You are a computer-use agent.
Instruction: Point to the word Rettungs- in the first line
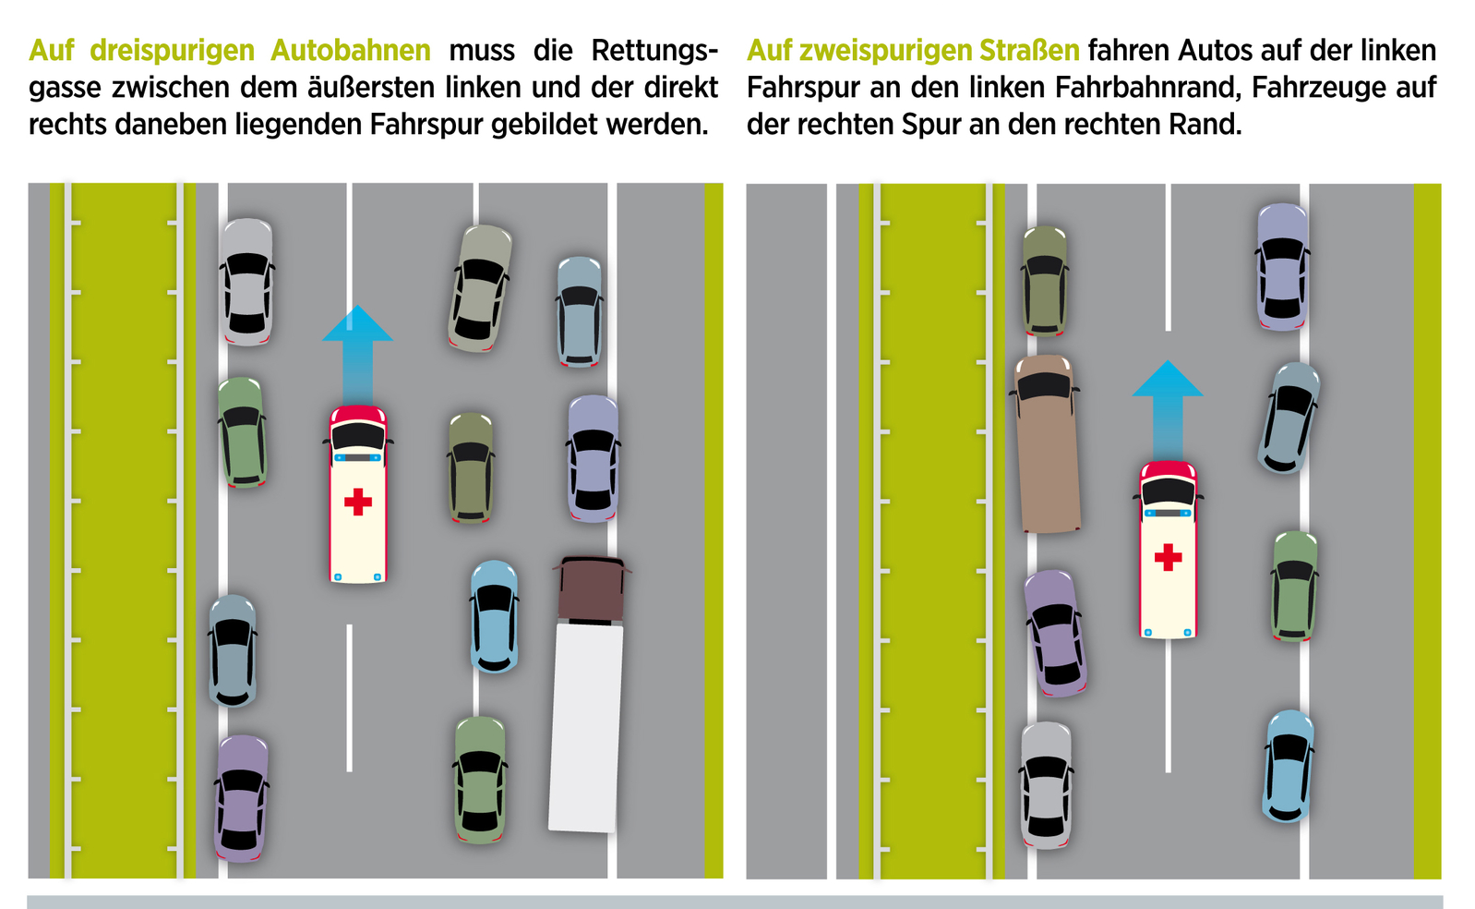pyautogui.click(x=654, y=50)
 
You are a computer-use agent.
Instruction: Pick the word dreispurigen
pyautogui.click(x=171, y=50)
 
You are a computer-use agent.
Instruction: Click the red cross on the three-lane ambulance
pyautogui.click(x=358, y=502)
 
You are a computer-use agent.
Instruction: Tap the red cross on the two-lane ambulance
pyautogui.click(x=1168, y=557)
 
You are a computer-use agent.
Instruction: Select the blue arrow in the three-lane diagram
pyautogui.click(x=358, y=351)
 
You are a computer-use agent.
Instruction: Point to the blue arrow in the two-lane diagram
pyautogui.click(x=1168, y=406)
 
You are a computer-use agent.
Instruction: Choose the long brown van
pyautogui.click(x=1047, y=444)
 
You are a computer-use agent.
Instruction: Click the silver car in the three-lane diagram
pyautogui.click(x=246, y=282)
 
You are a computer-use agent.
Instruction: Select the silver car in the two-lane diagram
pyautogui.click(x=1046, y=784)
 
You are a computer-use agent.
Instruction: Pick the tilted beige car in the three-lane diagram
pyautogui.click(x=480, y=288)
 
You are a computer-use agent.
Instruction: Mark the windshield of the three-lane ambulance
pyautogui.click(x=358, y=437)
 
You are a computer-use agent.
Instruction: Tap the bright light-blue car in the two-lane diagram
pyautogui.click(x=1288, y=766)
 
